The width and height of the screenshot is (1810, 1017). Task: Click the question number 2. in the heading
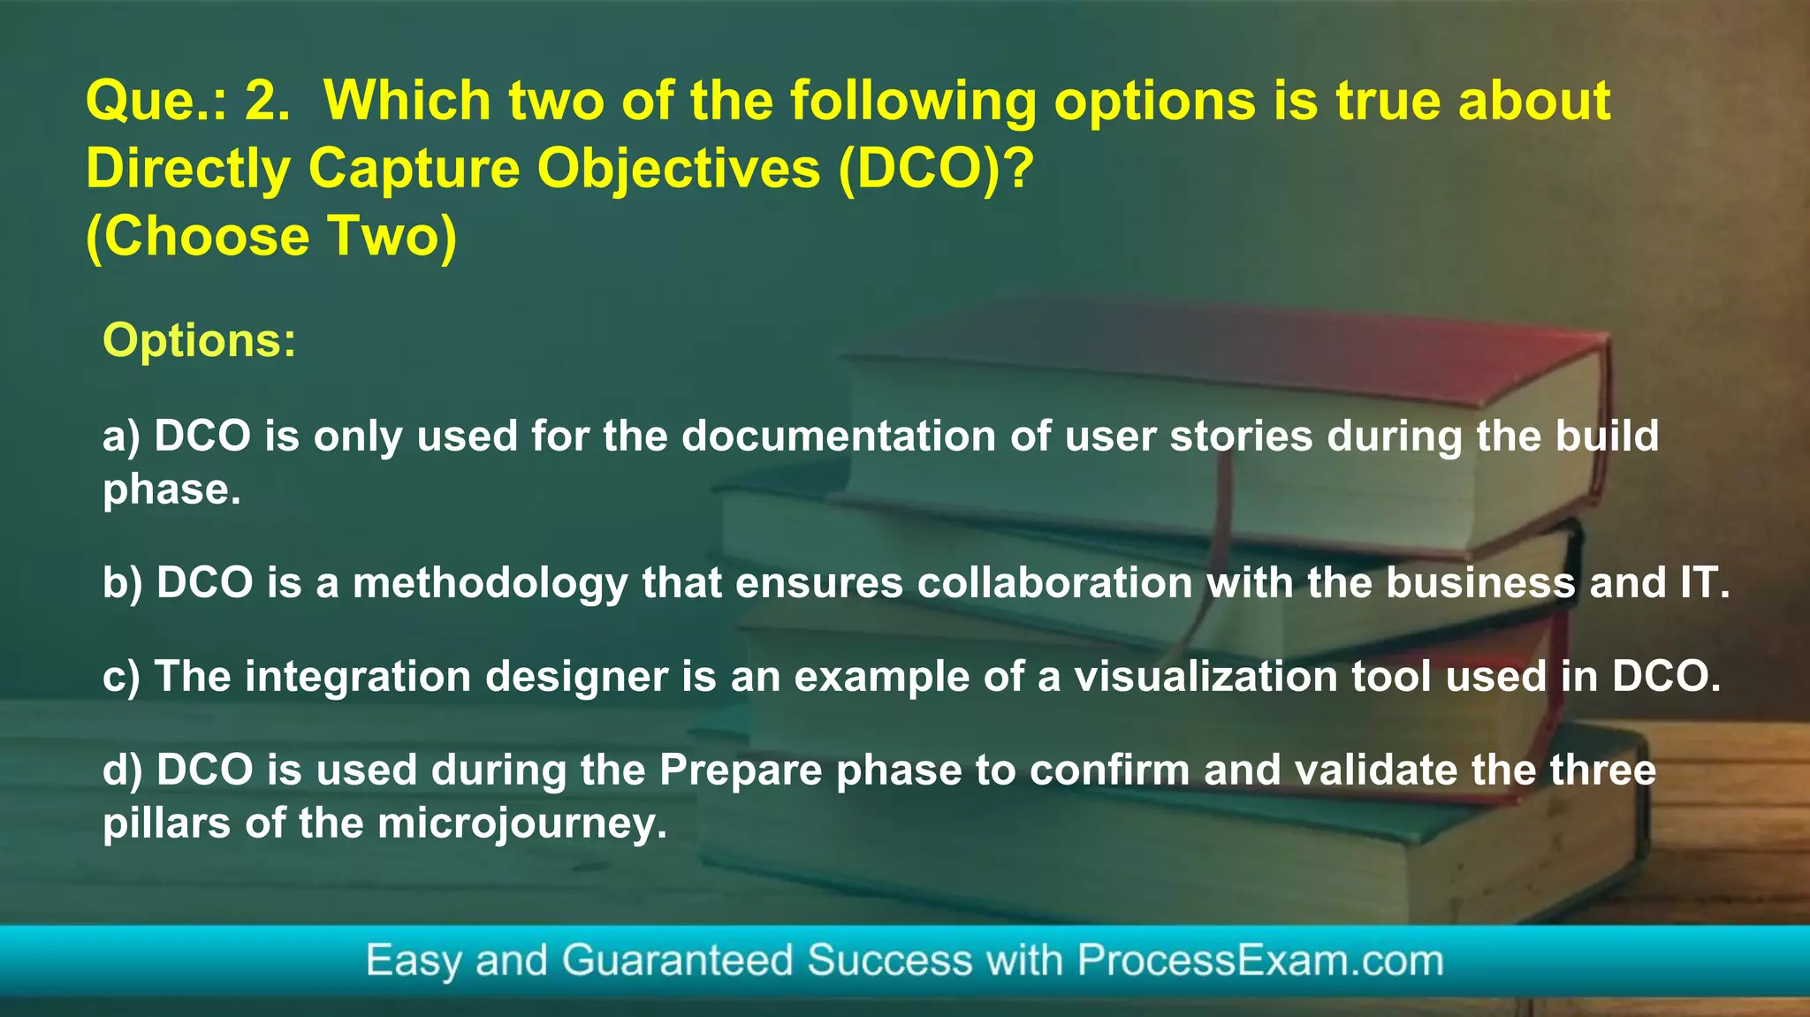[x=267, y=101]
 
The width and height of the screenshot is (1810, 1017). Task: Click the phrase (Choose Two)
[x=271, y=236]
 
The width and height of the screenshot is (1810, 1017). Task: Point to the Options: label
[x=200, y=340]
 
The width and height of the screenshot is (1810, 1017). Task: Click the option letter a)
[x=121, y=436]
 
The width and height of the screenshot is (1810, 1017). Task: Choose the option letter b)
[x=122, y=583]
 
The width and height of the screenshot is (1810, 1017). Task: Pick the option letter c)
[x=121, y=677]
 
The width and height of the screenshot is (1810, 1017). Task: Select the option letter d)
[x=122, y=770]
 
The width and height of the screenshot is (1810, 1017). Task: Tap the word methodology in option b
[x=491, y=583]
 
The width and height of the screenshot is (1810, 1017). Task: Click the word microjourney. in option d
[x=522, y=823]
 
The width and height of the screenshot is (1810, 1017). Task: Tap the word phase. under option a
[x=171, y=490]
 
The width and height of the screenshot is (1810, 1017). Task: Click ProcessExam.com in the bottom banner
[x=1259, y=960]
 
